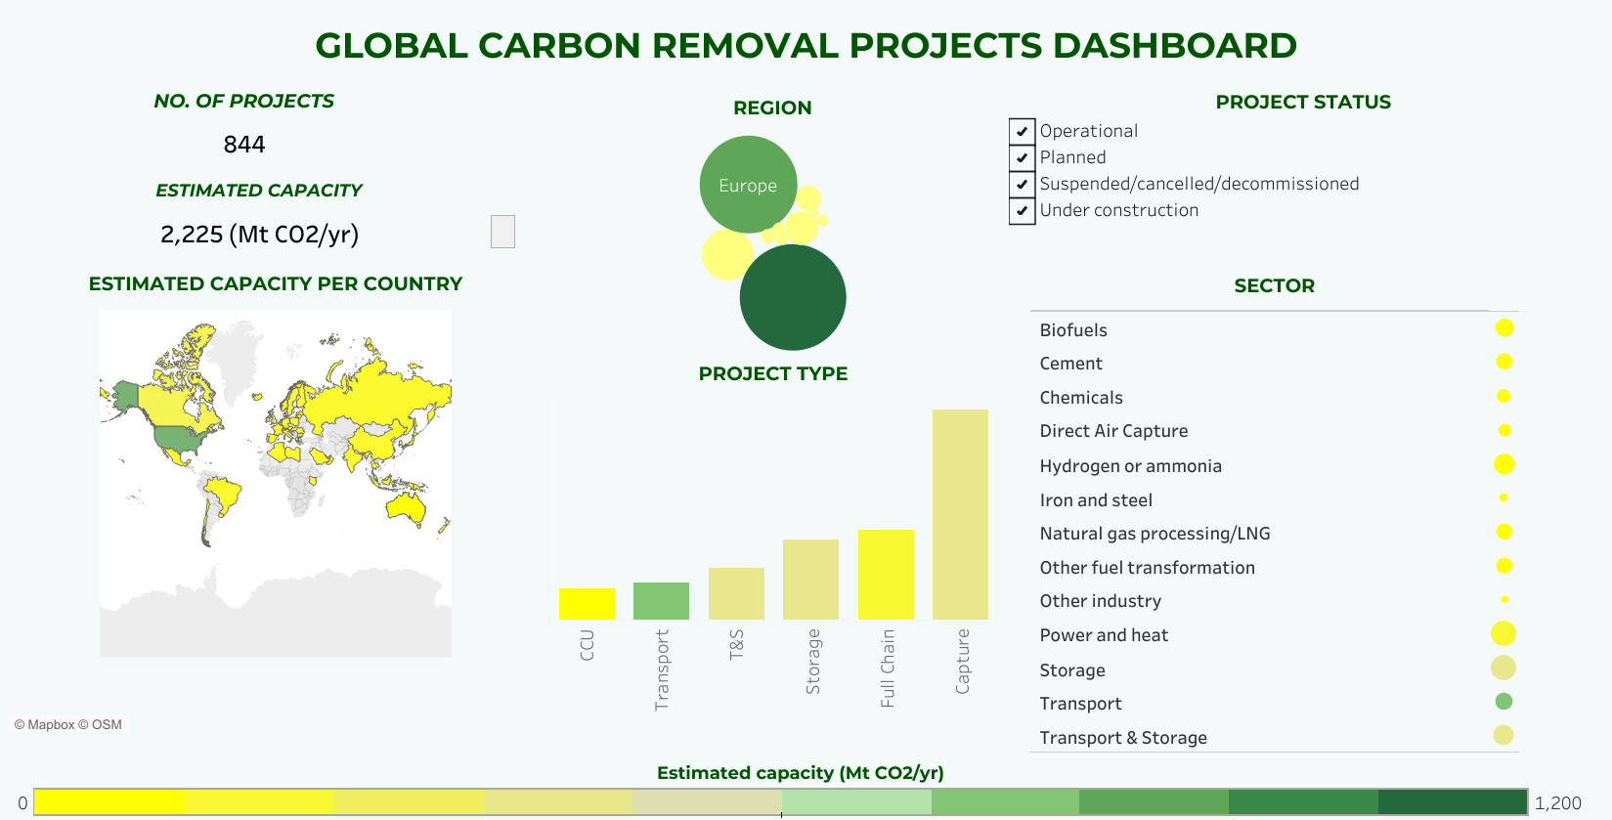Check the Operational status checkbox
point(1022,131)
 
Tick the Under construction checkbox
point(1022,210)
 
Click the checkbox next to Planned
point(1022,157)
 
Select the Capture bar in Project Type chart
point(960,514)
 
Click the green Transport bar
point(661,601)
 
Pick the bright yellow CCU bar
point(587,604)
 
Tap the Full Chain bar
point(886,575)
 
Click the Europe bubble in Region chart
point(748,185)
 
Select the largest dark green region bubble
point(793,297)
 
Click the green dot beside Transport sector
point(1503,701)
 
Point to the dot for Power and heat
point(1503,633)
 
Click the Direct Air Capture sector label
point(1113,431)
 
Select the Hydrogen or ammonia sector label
point(1130,466)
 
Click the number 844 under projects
point(244,145)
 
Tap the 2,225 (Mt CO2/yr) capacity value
point(259,235)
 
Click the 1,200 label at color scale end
point(1557,802)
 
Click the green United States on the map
point(182,440)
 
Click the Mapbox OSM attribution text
point(68,724)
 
